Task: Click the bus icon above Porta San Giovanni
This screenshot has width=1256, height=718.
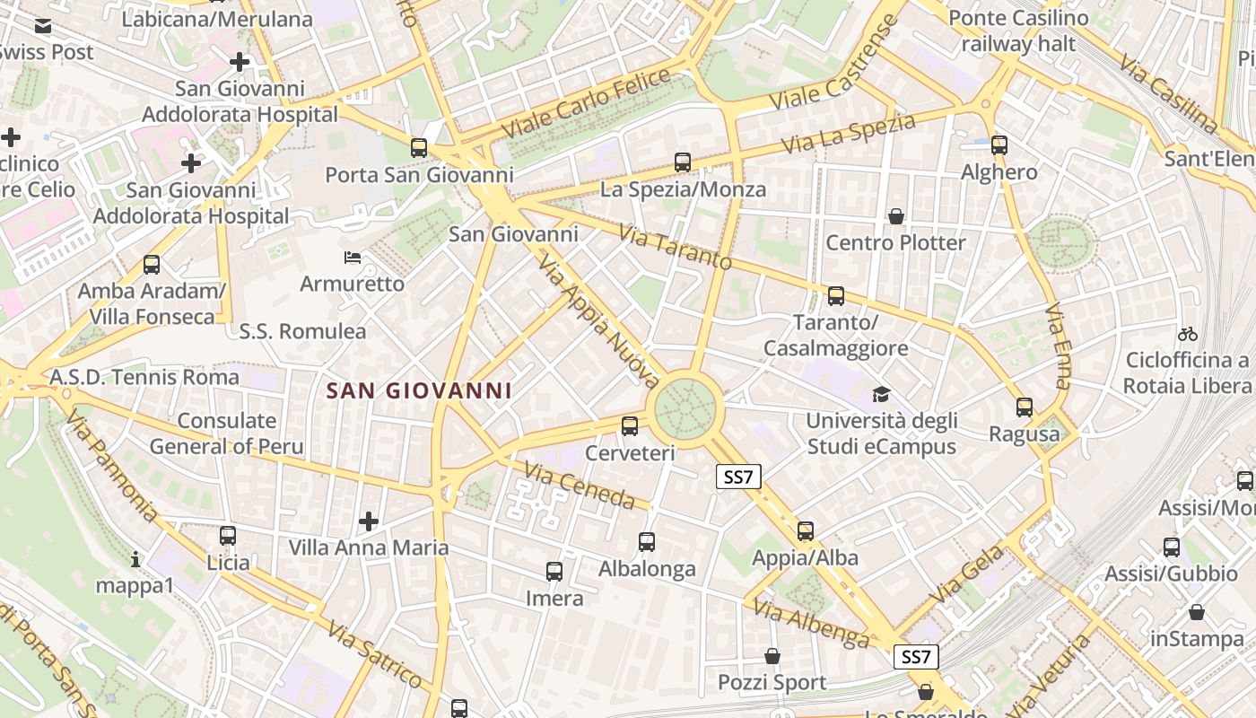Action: tap(419, 148)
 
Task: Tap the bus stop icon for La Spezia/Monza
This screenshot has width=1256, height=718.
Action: tap(683, 162)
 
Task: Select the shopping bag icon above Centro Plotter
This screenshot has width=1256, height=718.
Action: tap(895, 216)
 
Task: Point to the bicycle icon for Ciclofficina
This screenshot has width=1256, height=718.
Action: tap(1188, 334)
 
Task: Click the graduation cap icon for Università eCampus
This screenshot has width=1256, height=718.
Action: tap(881, 394)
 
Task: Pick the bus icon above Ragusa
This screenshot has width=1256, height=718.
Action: tap(1025, 407)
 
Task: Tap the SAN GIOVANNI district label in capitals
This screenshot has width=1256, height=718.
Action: tap(420, 390)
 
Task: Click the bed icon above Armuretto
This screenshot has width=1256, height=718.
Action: tap(353, 258)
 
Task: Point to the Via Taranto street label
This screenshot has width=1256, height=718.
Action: tap(676, 249)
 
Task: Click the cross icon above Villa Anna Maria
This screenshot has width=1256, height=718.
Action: tap(369, 521)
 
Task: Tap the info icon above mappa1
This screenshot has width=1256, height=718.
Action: tap(135, 559)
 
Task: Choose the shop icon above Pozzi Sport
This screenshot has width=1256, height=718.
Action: tap(772, 656)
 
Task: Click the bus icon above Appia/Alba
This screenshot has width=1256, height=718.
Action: tap(806, 530)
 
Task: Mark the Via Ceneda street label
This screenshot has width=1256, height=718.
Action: tap(579, 486)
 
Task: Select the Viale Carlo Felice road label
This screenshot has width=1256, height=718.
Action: tap(586, 102)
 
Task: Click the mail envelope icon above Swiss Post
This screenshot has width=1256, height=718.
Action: tap(43, 26)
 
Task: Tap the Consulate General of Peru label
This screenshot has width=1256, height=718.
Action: tap(226, 433)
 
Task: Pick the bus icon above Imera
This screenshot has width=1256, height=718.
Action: tap(554, 571)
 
